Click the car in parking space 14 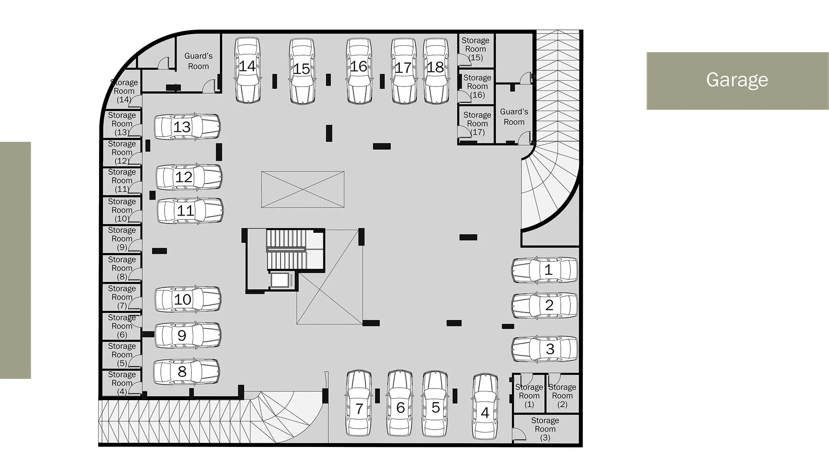click(247, 70)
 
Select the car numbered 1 click(544, 270)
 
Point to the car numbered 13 click(187, 127)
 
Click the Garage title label click(737, 80)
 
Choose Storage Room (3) click(545, 429)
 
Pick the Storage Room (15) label click(475, 49)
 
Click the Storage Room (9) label click(122, 239)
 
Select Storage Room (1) click(529, 396)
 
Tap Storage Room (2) click(562, 396)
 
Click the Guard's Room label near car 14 click(199, 61)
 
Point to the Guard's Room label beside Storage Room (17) click(514, 117)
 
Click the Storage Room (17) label click(477, 123)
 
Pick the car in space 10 click(188, 299)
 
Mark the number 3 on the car click(550, 349)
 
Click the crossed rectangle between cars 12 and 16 click(303, 189)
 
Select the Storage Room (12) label click(122, 152)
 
